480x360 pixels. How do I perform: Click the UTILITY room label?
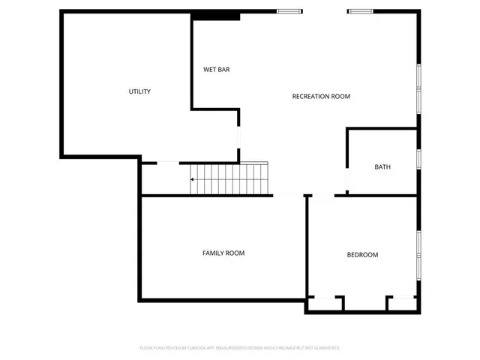click(139, 91)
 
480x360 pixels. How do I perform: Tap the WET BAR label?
click(216, 70)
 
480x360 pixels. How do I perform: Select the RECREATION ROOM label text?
click(321, 96)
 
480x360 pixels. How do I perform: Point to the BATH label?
click(382, 167)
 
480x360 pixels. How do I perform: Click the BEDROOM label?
click(362, 255)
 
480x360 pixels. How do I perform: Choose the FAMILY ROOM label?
click(223, 253)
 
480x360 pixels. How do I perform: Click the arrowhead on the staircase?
click(193, 180)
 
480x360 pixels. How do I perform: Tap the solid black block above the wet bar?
click(215, 16)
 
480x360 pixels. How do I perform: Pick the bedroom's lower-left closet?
click(324, 304)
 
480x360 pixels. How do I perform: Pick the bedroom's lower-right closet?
click(403, 304)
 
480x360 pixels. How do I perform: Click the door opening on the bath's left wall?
click(346, 181)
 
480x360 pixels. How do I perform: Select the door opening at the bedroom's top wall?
click(323, 196)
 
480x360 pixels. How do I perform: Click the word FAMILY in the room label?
click(213, 253)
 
